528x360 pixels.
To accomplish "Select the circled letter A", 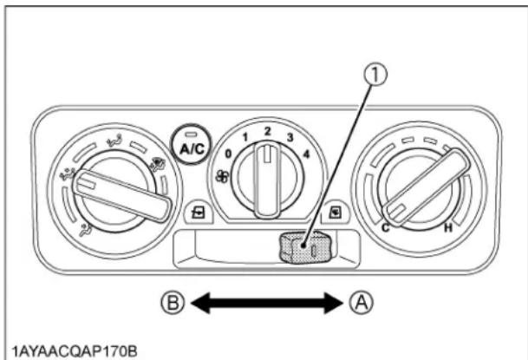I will pos(362,304).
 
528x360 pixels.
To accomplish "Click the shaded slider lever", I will pos(300,248).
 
